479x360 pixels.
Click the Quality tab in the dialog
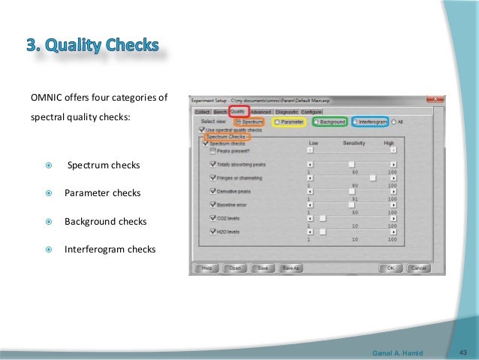pos(238,112)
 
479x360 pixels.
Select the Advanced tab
pos(261,112)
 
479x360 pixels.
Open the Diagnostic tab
pos(286,112)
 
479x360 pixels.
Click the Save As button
pos(290,268)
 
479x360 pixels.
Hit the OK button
pos(390,268)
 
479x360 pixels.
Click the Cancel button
pos(418,268)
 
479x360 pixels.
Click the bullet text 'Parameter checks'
pos(102,193)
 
